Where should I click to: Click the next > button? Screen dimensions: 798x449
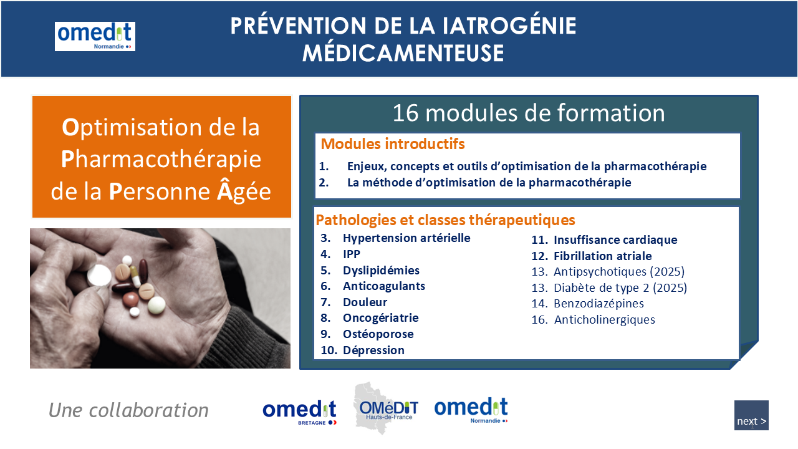[751, 415]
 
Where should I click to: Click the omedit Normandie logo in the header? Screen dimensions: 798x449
[95, 36]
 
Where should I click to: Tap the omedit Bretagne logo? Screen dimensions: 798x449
[299, 412]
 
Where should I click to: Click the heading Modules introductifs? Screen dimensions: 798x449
[393, 144]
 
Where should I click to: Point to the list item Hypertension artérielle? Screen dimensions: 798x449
[406, 238]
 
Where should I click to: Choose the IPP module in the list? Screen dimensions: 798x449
[351, 254]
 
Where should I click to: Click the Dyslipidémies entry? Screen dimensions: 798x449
[381, 271]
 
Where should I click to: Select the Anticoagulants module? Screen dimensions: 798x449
[384, 286]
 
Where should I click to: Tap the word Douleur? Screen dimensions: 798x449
[365, 302]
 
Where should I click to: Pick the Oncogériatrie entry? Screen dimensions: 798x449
[381, 318]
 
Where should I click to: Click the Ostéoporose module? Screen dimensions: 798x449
[378, 334]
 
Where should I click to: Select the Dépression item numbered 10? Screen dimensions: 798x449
[373, 350]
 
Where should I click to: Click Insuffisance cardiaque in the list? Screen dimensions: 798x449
[615, 240]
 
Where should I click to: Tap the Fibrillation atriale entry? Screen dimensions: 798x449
[603, 256]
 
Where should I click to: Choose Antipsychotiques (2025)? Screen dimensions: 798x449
[619, 272]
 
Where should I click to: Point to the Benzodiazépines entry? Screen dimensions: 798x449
[599, 304]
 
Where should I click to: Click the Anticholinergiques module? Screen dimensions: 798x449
[605, 320]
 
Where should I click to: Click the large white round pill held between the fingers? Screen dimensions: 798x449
[99, 276]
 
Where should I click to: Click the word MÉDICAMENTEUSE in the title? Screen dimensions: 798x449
[403, 53]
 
